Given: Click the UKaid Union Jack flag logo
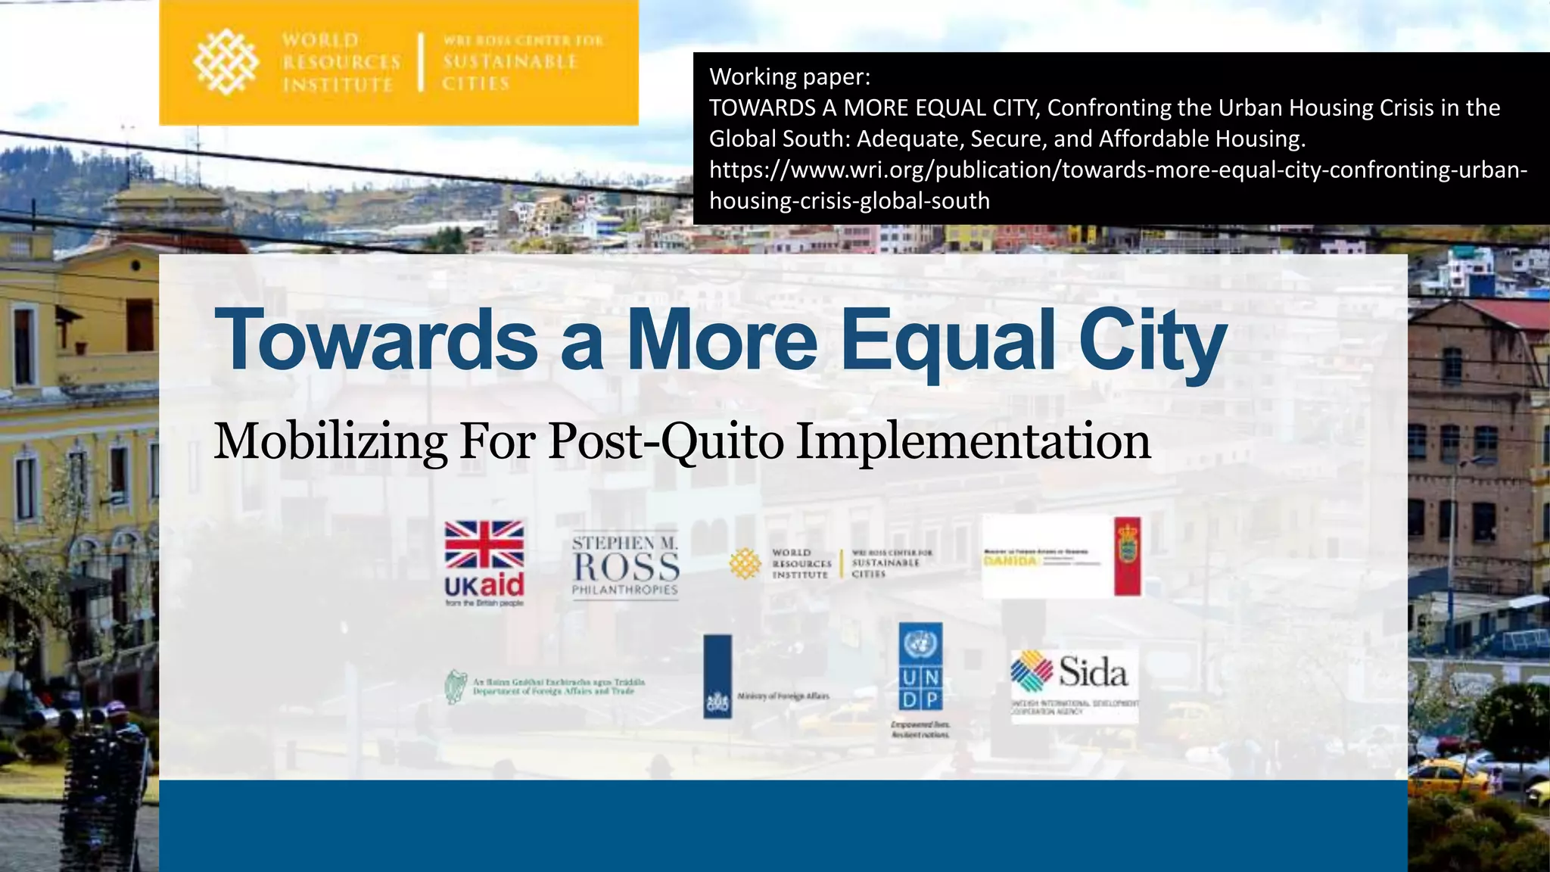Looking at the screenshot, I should [484, 545].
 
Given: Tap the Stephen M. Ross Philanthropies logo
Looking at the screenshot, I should [625, 566].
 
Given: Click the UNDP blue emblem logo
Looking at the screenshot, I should [920, 666].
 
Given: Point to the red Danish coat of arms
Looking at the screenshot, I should [1128, 556].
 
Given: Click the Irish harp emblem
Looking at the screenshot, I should [455, 687].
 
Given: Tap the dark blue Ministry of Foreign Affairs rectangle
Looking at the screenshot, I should [717, 676].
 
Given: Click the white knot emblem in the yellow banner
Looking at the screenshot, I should [226, 62].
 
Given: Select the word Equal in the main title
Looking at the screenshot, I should [948, 341].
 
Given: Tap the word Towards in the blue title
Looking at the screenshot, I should [376, 341].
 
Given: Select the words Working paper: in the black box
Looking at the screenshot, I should [789, 76].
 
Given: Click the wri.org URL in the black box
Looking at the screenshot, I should [1118, 170].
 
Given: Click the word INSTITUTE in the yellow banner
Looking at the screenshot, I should [338, 85].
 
